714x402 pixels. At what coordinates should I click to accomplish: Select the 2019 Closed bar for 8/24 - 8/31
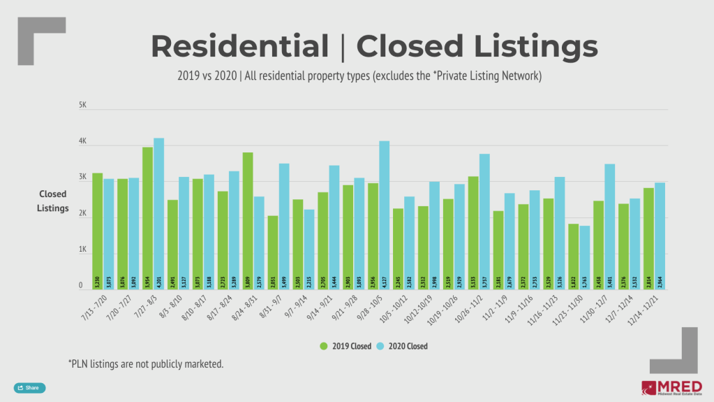tap(248, 220)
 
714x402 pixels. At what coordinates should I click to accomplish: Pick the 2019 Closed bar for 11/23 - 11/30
tap(573, 256)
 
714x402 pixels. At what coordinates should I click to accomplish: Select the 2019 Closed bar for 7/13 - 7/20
tap(97, 231)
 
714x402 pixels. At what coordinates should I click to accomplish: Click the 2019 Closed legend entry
tap(345, 345)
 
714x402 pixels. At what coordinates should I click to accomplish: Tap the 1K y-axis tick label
tap(82, 250)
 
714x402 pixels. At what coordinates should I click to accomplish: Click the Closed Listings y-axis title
tap(54, 201)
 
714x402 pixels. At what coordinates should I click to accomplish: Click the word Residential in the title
tap(239, 46)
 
